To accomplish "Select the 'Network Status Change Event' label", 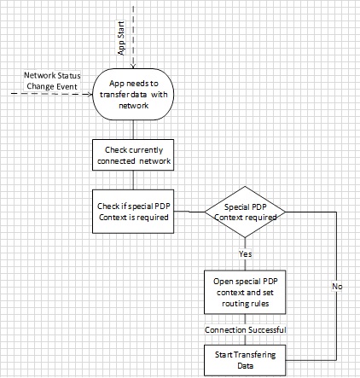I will [52, 82].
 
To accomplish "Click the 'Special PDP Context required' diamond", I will [244, 209].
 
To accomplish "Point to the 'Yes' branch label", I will [244, 254].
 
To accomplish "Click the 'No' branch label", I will [335, 285].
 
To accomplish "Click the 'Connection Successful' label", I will [244, 329].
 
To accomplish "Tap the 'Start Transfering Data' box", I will [244, 358].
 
